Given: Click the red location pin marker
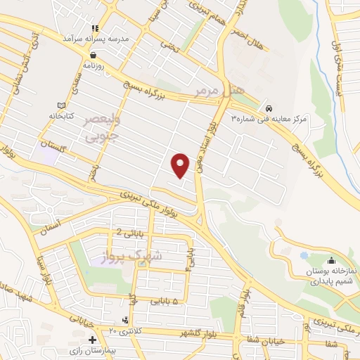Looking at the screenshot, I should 181,165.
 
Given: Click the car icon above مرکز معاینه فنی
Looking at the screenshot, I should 270,108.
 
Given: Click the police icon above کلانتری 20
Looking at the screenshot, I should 126,320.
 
